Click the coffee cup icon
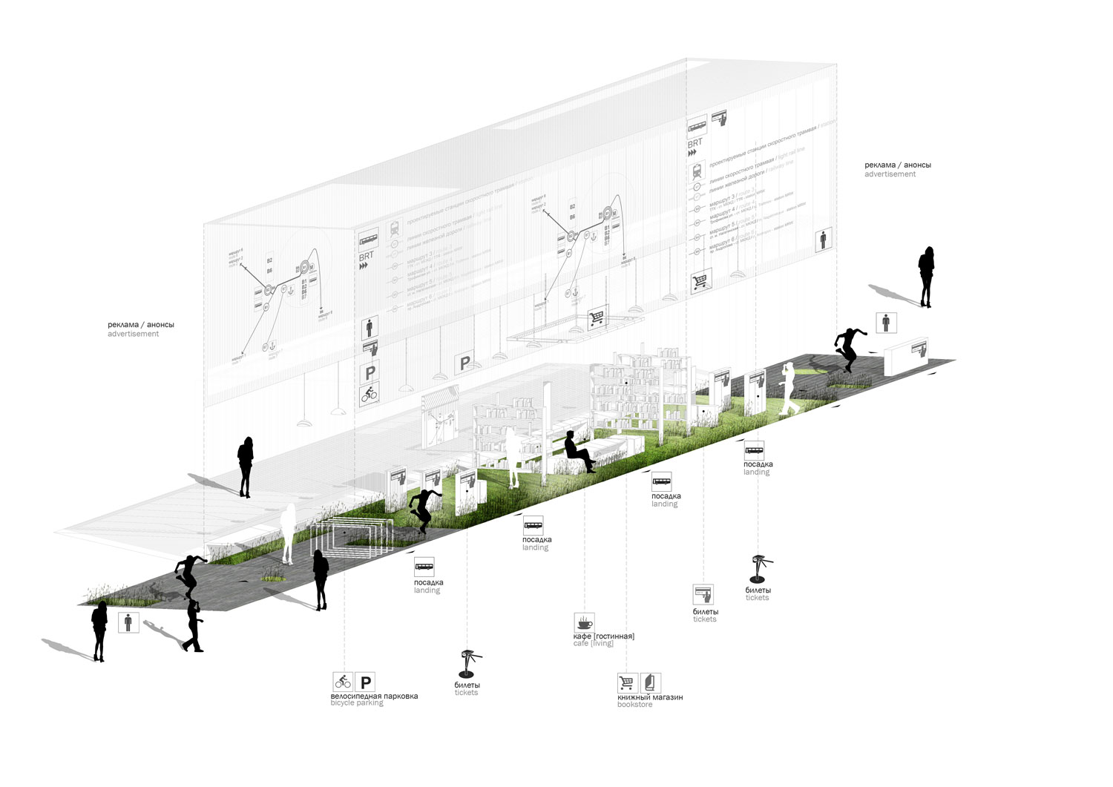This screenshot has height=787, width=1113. pos(584,622)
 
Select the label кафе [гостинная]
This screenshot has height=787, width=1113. pos(603,636)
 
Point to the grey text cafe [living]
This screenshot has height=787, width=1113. pos(593,644)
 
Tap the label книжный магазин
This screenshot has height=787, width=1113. pos(650,697)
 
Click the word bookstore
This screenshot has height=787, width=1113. pos(634,705)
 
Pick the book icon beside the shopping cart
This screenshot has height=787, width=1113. pos(650,682)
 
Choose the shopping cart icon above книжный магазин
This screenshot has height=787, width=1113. pos(627,682)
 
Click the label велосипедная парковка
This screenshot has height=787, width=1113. pos(374,696)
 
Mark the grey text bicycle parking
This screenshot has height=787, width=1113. pos(357,703)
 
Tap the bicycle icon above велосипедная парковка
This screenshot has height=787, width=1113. pos(342,681)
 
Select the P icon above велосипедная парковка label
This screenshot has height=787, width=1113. pos(365,681)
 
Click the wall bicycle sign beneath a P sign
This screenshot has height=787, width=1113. pos(370,394)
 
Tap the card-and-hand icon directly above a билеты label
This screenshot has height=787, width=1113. pos(703,594)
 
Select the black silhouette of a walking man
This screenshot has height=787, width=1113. pos(193,627)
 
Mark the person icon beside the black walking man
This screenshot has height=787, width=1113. pos(128,622)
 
